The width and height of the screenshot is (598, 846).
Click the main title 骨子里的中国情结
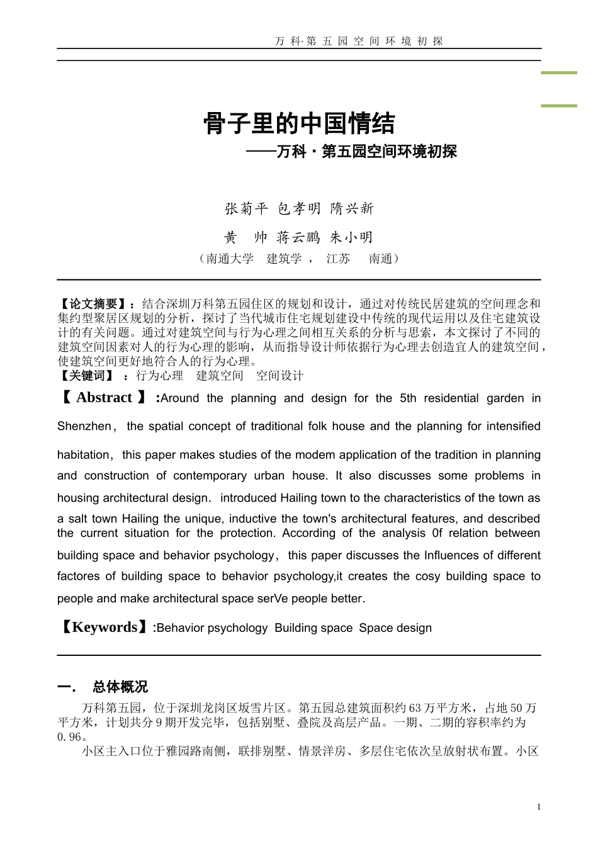pos(299,123)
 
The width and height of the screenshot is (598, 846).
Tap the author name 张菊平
pos(246,209)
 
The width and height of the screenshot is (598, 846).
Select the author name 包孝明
pos(299,209)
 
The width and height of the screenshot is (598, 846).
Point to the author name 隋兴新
pos(352,209)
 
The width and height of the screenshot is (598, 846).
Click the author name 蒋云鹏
pos(299,238)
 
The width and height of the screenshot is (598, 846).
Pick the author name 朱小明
pos(352,238)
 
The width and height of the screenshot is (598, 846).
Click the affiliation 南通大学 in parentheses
pos(230,259)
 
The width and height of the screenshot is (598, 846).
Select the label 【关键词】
pos(86,376)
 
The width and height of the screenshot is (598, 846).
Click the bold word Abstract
pos(104,398)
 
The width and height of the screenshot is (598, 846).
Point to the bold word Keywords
pos(104,627)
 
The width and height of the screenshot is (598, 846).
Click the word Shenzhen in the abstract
pos(84,427)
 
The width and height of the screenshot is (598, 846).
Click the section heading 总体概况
pos(120,687)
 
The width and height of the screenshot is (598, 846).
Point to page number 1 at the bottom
pos(538,807)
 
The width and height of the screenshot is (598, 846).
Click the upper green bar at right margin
pos(559,73)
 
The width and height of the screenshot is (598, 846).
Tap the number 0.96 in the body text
pos(72,736)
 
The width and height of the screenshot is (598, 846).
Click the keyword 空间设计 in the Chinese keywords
pos(279,376)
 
